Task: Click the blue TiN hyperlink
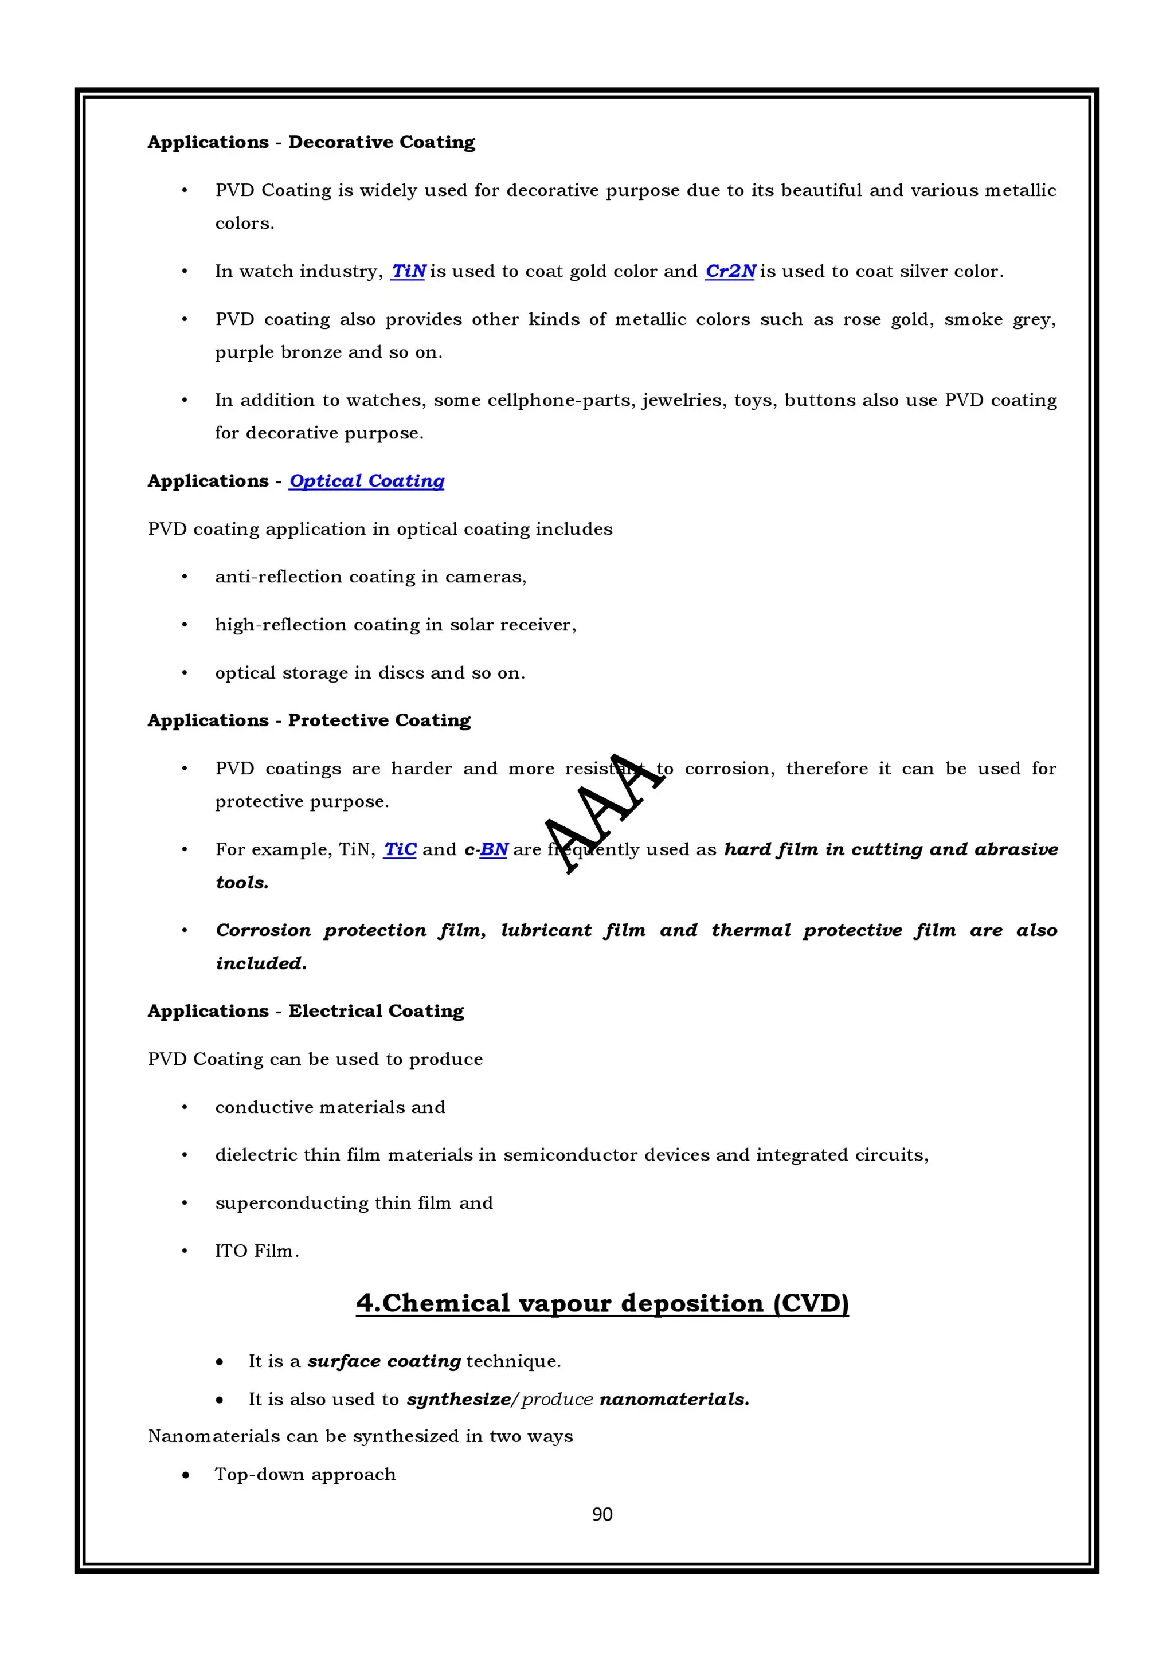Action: coord(408,271)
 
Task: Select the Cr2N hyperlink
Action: coord(730,271)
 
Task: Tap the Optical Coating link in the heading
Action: coord(367,481)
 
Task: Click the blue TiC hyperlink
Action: coord(400,849)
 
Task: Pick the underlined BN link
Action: coord(494,849)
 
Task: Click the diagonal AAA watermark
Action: coord(604,814)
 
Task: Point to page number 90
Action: coord(602,1514)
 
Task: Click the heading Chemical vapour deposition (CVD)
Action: coord(602,1303)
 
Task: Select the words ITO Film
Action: coord(256,1251)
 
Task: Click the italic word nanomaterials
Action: coord(674,1399)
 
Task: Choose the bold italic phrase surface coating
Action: coord(383,1361)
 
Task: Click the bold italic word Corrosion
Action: coord(263,930)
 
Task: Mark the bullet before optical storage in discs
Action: coord(185,673)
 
